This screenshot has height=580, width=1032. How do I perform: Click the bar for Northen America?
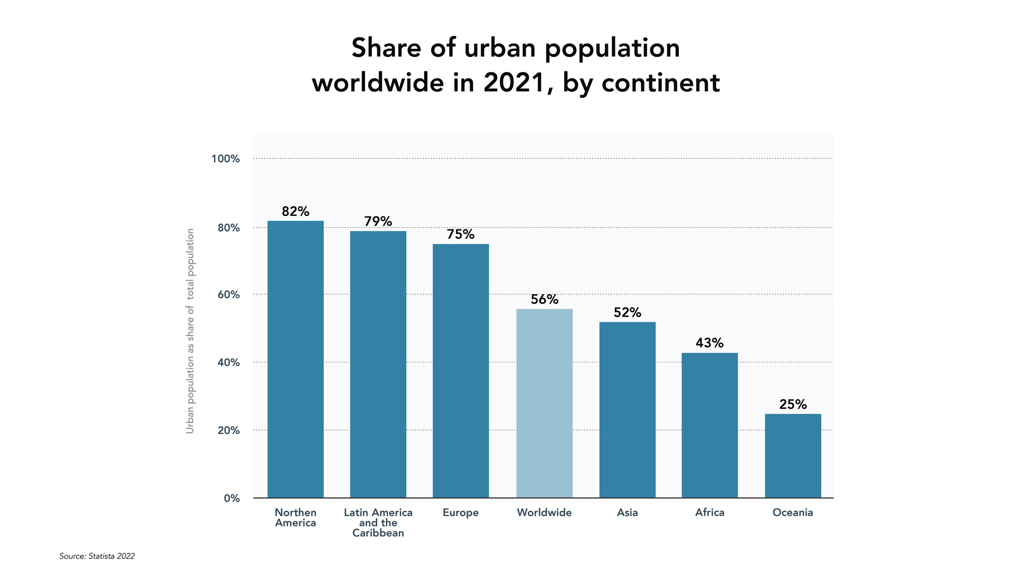[x=296, y=359]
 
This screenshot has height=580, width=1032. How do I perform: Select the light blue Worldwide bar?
[x=544, y=403]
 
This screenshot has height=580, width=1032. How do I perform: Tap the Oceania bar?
[x=793, y=456]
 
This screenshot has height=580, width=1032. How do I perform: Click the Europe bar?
[x=461, y=371]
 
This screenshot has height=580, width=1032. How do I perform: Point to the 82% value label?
[x=296, y=212]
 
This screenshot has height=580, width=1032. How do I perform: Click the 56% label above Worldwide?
[x=544, y=300]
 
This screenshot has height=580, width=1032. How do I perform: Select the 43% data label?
[x=709, y=343]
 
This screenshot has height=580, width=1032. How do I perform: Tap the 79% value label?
[x=378, y=221]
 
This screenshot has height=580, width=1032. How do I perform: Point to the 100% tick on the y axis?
[x=225, y=159]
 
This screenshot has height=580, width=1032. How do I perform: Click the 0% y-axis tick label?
[x=232, y=498]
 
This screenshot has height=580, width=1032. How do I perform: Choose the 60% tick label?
[x=228, y=295]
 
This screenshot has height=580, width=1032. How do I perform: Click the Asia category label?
[x=627, y=513]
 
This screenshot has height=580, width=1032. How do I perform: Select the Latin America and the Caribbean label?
[x=378, y=523]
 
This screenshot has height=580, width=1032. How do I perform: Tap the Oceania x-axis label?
[x=793, y=513]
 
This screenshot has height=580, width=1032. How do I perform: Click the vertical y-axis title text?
[x=190, y=331]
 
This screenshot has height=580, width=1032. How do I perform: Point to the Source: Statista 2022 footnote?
[x=97, y=556]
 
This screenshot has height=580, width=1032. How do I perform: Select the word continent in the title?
[x=661, y=83]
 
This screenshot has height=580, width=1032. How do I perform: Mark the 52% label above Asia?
[x=627, y=313]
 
